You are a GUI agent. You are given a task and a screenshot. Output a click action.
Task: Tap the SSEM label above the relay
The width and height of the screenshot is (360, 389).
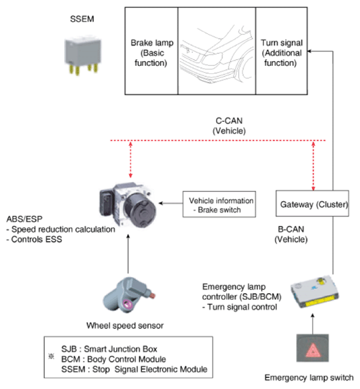point(82,19)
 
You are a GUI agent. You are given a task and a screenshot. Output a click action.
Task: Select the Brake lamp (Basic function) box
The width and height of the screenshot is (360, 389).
point(151,51)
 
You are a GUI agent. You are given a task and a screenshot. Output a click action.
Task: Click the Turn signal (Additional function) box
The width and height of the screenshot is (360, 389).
point(281,51)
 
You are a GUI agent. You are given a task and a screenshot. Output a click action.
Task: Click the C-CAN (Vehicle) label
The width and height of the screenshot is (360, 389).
point(229,126)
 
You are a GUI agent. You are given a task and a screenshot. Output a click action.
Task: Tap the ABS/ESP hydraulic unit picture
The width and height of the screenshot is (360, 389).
point(128,205)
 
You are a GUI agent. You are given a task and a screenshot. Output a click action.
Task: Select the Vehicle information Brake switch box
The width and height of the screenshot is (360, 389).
point(219,204)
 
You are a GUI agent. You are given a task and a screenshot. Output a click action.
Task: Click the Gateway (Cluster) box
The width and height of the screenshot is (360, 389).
point(312,203)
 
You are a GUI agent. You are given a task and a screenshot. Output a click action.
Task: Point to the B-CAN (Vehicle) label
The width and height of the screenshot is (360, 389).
point(291,234)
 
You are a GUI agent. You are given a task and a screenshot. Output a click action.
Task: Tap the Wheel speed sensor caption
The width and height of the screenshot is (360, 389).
point(125,326)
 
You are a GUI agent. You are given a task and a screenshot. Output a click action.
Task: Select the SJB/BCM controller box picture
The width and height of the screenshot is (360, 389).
point(315,292)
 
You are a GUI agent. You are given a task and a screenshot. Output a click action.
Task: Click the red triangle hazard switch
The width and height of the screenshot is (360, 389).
point(313,348)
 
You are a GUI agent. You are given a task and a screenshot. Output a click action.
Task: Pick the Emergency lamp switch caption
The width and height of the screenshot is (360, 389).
point(309,378)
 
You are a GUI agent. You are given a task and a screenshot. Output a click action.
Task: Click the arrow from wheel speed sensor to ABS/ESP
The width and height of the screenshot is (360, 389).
point(128,254)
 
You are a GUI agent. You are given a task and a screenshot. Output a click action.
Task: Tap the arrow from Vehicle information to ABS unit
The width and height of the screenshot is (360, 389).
point(171,203)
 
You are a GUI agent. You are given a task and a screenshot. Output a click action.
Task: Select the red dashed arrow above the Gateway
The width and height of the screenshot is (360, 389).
point(313,166)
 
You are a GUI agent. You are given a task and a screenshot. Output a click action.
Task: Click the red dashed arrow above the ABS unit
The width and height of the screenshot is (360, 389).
point(131,159)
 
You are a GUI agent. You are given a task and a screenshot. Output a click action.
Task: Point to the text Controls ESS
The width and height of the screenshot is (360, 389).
point(34,239)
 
